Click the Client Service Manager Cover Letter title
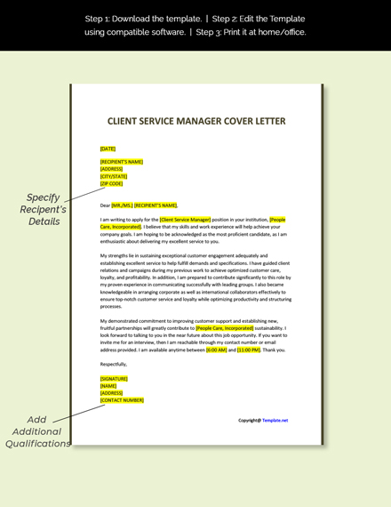coord(196,121)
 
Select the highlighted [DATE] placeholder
coord(108,149)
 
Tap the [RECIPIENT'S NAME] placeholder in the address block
coord(122,162)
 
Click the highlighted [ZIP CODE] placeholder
coord(112,183)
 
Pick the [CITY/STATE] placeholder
coord(113,176)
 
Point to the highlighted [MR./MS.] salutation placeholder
coord(122,205)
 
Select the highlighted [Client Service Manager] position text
coord(186,219)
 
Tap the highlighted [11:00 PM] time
coord(249,350)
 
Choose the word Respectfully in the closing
coord(114,364)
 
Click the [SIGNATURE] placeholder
coord(115,378)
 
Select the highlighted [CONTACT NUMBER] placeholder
coord(122,400)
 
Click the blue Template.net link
coord(275,420)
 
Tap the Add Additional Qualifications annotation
coord(36,431)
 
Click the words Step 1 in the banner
coord(100,18)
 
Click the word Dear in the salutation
coord(105,205)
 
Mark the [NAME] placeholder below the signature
coord(109,386)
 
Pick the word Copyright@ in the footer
coord(249,420)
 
